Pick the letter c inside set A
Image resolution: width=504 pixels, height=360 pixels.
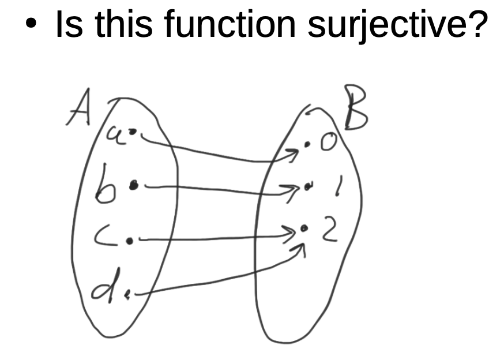click(x=108, y=237)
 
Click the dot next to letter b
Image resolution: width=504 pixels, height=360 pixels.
click(x=134, y=185)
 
